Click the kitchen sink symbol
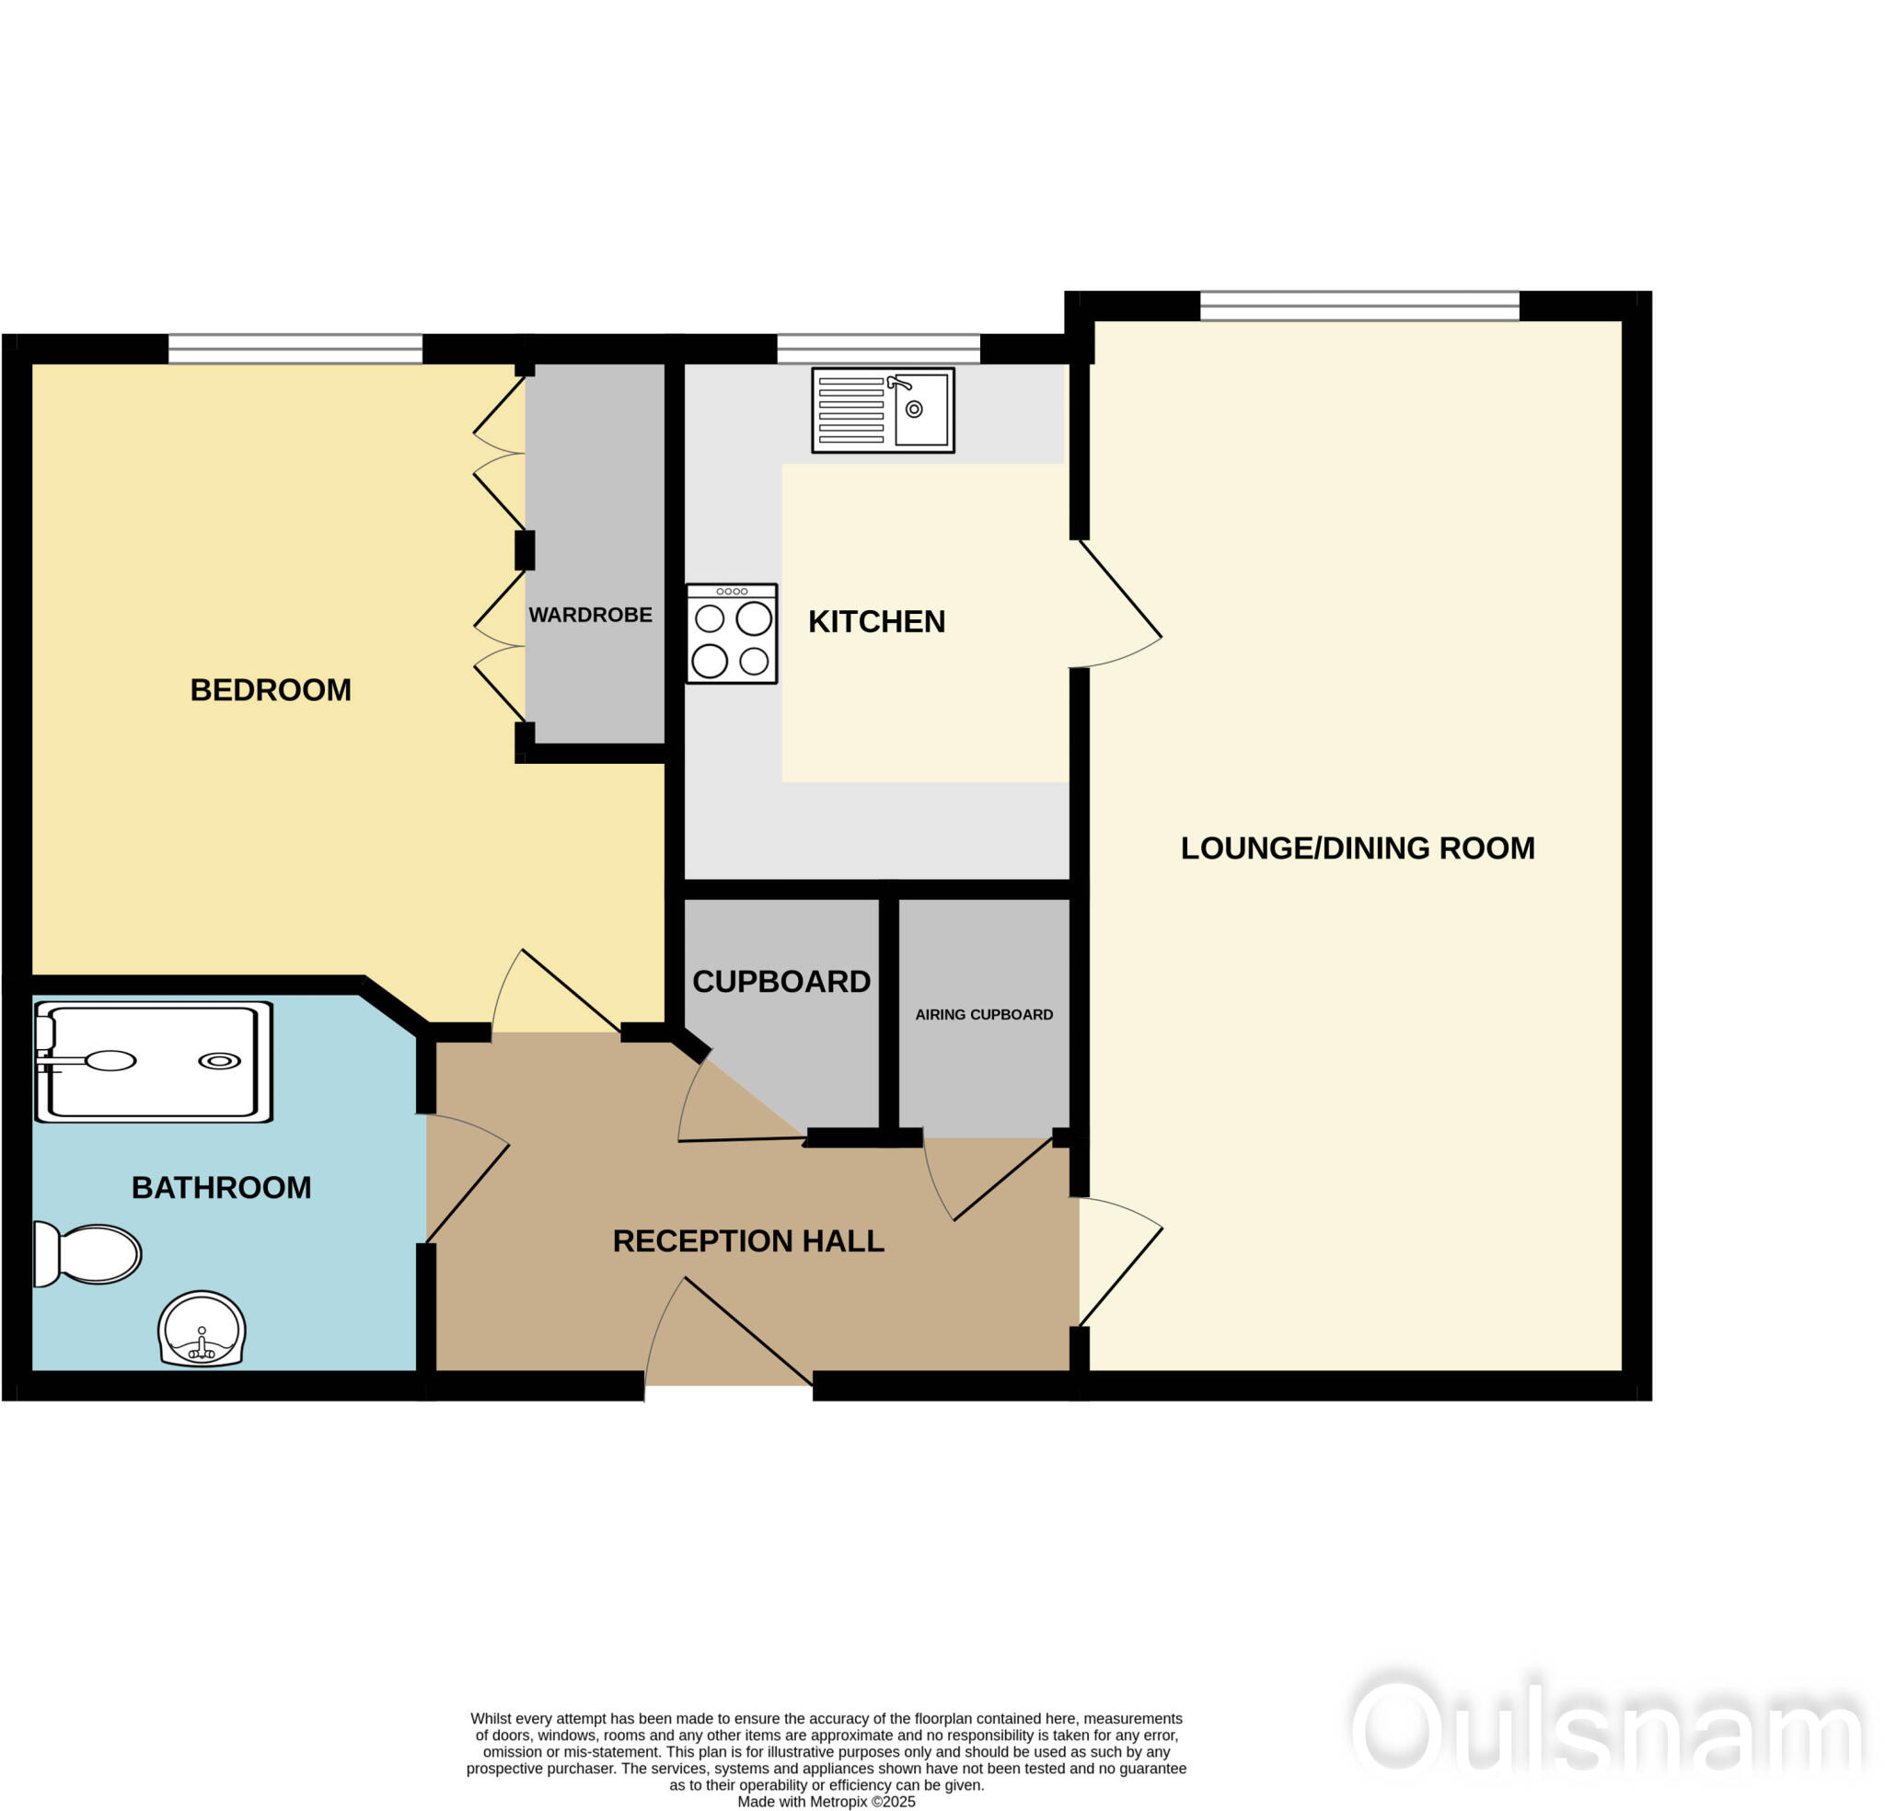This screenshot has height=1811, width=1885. pyautogui.click(x=882, y=409)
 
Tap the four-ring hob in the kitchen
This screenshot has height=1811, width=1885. pyautogui.click(x=731, y=634)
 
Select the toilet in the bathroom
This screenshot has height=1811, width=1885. pyautogui.click(x=88, y=1253)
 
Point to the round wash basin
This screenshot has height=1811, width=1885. pyautogui.click(x=202, y=1328)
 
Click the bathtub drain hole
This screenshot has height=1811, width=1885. pyautogui.click(x=219, y=1061)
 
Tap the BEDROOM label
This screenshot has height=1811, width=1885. pyautogui.click(x=271, y=689)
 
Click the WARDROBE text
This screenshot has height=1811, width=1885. pyautogui.click(x=590, y=615)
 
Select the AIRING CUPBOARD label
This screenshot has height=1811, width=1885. pyautogui.click(x=983, y=1015)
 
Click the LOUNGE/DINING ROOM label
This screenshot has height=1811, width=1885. pyautogui.click(x=1357, y=848)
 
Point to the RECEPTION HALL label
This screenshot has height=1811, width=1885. pyautogui.click(x=747, y=1240)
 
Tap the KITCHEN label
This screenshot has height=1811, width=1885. pyautogui.click(x=876, y=621)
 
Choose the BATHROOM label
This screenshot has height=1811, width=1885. pyautogui.click(x=221, y=1188)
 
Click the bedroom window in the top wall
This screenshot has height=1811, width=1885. pyautogui.click(x=295, y=348)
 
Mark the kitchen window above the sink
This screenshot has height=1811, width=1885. pyautogui.click(x=878, y=348)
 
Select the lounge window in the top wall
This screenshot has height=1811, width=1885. pyautogui.click(x=1359, y=306)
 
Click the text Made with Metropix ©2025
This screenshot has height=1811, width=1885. pyautogui.click(x=827, y=1802)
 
